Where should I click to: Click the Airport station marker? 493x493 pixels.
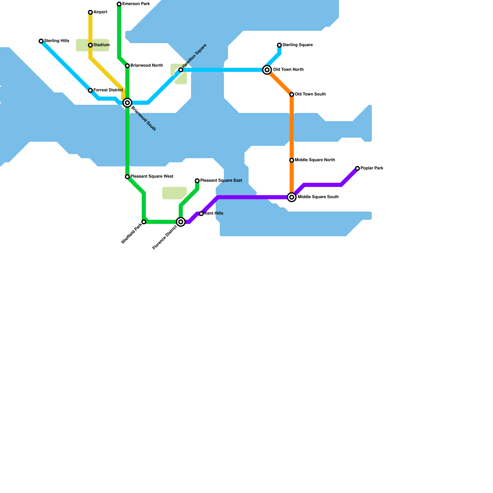pos(90,12)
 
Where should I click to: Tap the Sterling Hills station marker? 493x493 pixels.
pos(41,41)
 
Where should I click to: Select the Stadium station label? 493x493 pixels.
pos(101,45)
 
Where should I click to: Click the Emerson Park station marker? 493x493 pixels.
pos(119,4)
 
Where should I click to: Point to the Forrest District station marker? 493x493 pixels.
pos(90,90)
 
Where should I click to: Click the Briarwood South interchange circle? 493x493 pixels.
pos(127,103)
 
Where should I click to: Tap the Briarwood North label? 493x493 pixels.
pos(146,65)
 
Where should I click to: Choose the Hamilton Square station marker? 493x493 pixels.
pos(181,70)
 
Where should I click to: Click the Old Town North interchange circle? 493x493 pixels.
pos(267,70)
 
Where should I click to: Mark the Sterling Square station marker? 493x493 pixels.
pos(279,45)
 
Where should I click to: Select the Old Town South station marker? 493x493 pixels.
pos(291,94)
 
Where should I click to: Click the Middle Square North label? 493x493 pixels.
pos(315,160)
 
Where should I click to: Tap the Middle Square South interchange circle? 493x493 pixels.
pos(291,197)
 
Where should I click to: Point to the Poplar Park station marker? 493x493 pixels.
pos(357,168)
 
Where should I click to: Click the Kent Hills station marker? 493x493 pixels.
pos(201,214)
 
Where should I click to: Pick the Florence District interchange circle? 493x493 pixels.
pos(181,222)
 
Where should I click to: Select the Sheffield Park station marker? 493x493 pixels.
pos(144,222)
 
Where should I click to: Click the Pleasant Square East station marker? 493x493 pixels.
pos(197,181)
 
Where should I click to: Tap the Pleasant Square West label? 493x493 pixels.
pos(152,176)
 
